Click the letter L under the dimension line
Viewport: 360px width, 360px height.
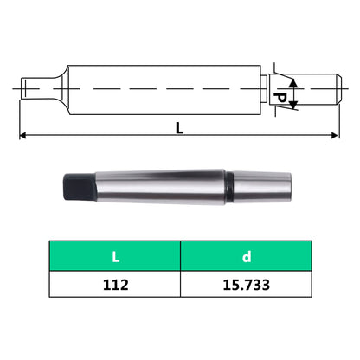tap(179, 127)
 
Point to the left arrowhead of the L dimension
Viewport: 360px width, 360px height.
tap(24, 136)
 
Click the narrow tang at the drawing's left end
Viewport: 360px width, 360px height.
tap(34, 87)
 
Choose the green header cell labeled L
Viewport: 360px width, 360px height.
tap(114, 256)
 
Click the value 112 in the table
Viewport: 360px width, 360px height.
tap(114, 284)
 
